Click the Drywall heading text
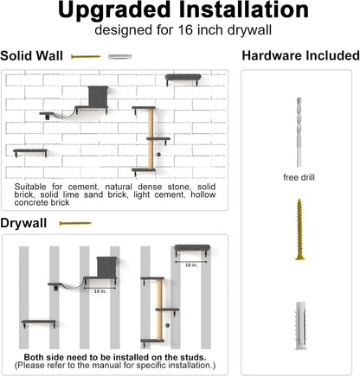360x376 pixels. click(23, 223)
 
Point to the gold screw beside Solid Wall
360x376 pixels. click(86, 56)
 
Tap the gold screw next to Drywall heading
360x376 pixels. click(74, 223)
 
